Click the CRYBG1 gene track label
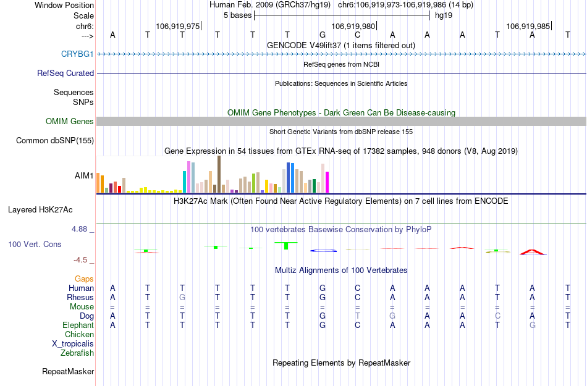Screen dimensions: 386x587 77,54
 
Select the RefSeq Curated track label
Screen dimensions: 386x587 65,73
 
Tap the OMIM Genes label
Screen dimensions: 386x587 70,122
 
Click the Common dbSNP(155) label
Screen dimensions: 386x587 54,141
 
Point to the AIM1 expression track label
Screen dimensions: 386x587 84,175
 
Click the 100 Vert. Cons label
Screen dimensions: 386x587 35,245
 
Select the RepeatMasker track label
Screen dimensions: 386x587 68,372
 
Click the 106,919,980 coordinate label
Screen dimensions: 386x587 353,27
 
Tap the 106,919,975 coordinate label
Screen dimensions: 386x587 178,27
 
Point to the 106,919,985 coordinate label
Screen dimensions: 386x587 528,27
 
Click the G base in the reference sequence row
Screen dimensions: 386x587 323,35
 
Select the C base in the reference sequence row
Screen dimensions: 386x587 357,35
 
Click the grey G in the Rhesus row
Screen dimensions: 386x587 182,297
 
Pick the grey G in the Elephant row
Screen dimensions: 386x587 533,325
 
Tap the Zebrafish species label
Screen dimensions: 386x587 77,353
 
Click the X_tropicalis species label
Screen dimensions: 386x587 73,344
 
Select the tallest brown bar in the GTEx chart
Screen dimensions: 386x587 219,174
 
